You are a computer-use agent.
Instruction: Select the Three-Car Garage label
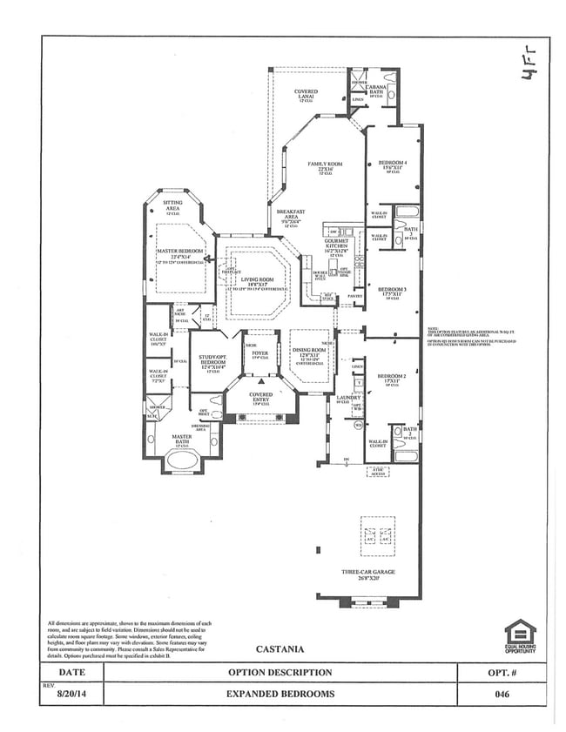click(367, 573)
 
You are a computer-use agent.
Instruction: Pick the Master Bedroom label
click(179, 252)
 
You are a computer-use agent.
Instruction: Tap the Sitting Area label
click(172, 205)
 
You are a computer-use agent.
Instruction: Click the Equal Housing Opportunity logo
click(521, 636)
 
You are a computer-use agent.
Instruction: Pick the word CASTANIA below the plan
click(280, 648)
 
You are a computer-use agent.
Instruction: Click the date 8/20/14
click(72, 695)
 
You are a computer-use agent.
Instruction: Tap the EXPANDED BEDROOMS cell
click(280, 695)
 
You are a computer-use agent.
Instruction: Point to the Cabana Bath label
click(375, 88)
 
